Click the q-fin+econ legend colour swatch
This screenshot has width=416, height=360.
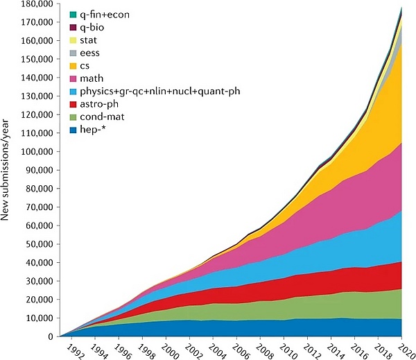click(x=73, y=14)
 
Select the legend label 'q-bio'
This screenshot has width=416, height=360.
click(x=94, y=26)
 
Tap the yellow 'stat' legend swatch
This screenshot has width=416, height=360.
click(x=73, y=40)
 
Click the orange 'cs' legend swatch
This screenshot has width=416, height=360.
click(x=73, y=65)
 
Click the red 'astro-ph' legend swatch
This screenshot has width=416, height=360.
click(x=73, y=104)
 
